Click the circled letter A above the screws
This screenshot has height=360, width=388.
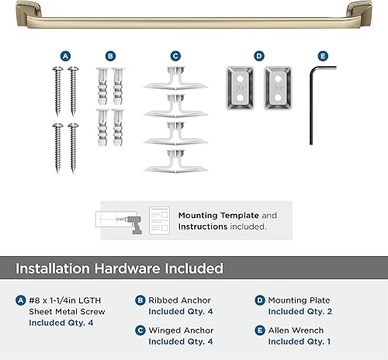point(65,56)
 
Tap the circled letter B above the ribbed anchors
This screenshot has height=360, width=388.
point(111,56)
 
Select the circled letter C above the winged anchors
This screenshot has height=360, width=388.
point(175,56)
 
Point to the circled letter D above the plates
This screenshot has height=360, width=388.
point(259,56)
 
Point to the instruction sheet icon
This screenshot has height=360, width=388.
point(159,220)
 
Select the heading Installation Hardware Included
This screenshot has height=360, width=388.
point(120,268)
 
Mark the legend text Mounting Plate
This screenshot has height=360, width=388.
point(299,300)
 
